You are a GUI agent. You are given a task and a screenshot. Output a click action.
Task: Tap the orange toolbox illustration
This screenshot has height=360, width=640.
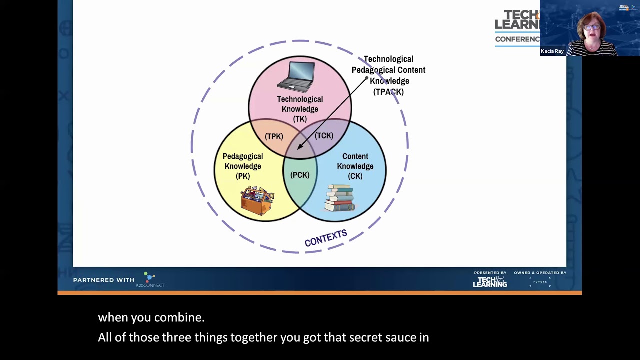[257, 200]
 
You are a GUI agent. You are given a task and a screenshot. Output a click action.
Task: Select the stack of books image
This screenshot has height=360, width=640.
[340, 198]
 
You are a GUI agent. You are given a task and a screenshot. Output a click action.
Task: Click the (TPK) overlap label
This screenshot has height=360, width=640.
[274, 136]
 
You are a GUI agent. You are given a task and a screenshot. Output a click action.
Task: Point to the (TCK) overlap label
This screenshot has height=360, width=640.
[324, 136]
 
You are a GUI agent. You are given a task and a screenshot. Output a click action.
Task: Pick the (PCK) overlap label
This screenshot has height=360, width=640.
[300, 175]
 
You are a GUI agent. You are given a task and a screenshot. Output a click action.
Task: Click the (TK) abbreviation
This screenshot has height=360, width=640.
[300, 119]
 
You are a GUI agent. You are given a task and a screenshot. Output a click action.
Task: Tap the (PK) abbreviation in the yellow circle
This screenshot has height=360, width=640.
[243, 176]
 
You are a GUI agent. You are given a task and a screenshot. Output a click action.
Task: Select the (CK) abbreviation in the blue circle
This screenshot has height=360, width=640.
[355, 176]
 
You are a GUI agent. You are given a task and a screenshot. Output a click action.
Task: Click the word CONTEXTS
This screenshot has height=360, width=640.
[326, 238]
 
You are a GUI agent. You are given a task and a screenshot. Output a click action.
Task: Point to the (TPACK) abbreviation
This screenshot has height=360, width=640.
[388, 92]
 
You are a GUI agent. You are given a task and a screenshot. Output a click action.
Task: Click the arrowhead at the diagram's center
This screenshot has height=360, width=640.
[299, 147]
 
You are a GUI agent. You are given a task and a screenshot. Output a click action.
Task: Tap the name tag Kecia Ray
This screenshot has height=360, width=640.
[552, 51]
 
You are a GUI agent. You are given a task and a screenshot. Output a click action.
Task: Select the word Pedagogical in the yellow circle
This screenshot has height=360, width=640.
[243, 156]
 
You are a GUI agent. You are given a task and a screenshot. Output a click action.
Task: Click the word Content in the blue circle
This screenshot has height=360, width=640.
[355, 156]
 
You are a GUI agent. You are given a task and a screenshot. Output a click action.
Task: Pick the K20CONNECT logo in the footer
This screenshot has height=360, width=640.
[150, 280]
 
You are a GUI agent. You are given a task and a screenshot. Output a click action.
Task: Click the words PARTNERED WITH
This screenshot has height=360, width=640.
[104, 280]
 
